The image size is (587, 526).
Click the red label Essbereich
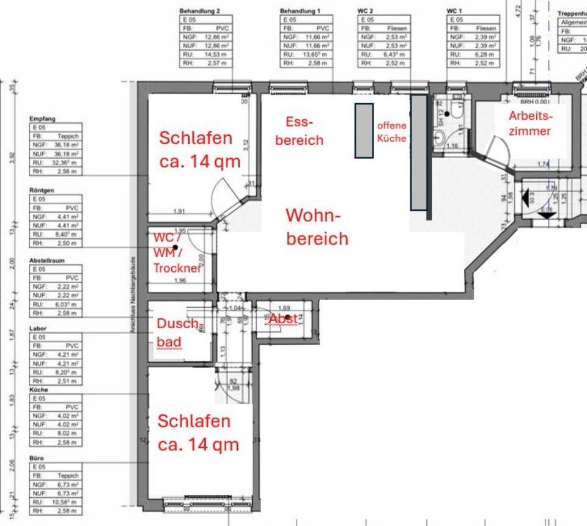[x=299, y=131]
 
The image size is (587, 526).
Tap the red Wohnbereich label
[x=317, y=227]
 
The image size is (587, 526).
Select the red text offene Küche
[x=391, y=132]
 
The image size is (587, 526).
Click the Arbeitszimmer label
[x=530, y=123]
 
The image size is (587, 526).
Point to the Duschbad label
[x=178, y=332]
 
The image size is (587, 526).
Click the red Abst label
[x=284, y=318]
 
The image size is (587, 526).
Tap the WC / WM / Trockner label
[x=177, y=253]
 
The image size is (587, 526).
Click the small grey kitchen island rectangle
[x=364, y=131]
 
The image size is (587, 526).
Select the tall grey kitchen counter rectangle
[x=418, y=152]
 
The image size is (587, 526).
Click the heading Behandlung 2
[x=199, y=11]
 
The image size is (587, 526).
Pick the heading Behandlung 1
[x=300, y=11]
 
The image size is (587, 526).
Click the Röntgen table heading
[x=42, y=191]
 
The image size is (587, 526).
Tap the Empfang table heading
[x=43, y=119]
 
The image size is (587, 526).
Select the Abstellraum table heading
[x=46, y=260]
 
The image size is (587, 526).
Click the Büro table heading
[x=37, y=458]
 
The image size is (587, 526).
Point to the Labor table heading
[x=38, y=329]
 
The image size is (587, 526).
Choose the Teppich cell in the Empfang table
[x=68, y=136]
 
